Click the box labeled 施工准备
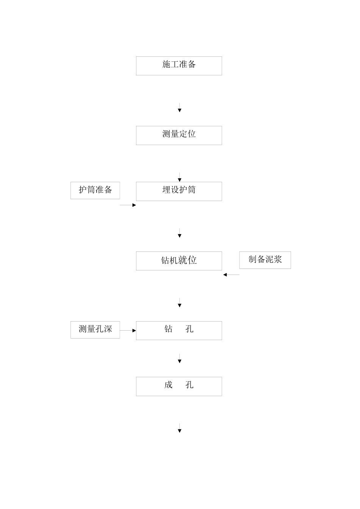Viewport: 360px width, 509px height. click(x=179, y=66)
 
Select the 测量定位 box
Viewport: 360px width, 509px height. click(x=179, y=135)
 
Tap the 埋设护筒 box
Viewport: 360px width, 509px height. click(x=179, y=191)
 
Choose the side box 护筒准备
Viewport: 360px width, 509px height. click(x=95, y=190)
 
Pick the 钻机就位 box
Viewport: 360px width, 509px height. click(x=179, y=261)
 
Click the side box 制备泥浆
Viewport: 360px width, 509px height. click(x=265, y=260)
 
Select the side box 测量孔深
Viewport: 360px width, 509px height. click(x=95, y=329)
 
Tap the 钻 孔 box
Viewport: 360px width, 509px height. click(x=179, y=330)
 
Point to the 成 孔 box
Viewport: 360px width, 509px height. click(x=179, y=386)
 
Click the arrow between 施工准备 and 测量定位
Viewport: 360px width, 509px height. click(x=180, y=107)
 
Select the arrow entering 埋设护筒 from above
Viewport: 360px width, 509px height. click(x=180, y=177)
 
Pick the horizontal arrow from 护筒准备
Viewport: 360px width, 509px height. click(x=128, y=205)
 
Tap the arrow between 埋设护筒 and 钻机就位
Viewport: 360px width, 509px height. click(x=180, y=233)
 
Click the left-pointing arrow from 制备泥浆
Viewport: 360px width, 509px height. click(x=231, y=275)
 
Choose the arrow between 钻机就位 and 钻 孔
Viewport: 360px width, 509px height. click(x=180, y=303)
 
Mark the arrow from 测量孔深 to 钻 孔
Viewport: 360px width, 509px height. click(x=128, y=330)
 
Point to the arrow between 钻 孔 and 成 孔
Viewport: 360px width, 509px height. click(x=180, y=358)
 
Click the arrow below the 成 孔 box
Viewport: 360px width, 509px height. click(x=180, y=428)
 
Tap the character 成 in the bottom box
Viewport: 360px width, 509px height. click(x=169, y=385)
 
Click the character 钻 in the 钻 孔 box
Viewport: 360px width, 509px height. click(x=169, y=329)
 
